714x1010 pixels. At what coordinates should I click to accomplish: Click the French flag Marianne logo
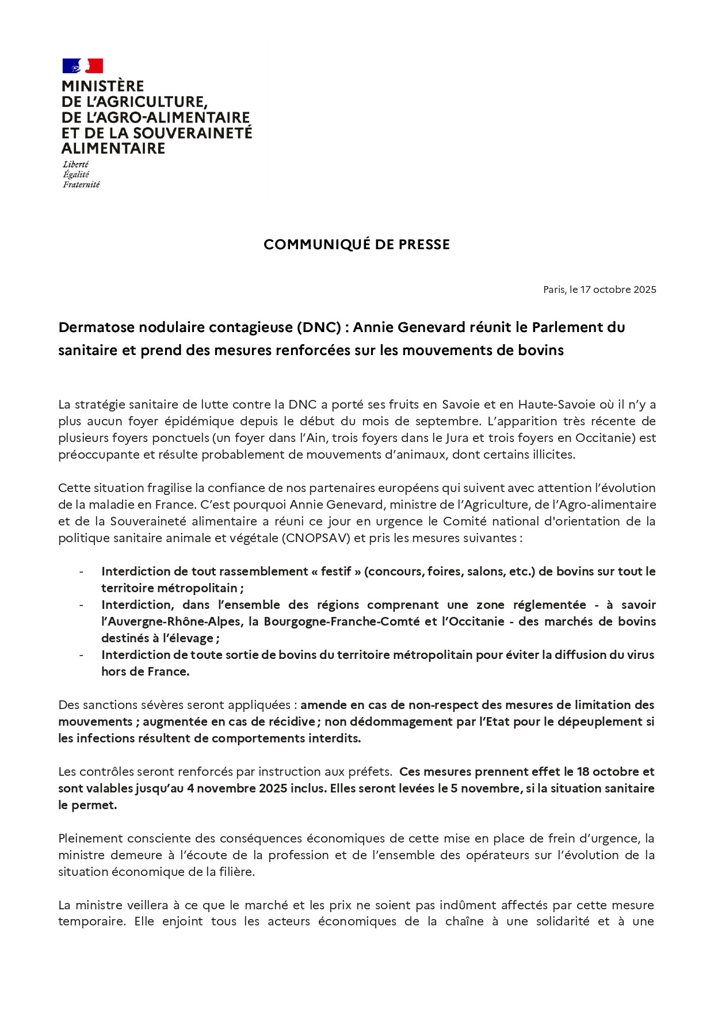[x=82, y=66]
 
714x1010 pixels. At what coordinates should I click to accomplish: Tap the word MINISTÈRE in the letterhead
[x=102, y=86]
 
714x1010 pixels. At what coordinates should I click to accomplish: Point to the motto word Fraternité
[x=81, y=185]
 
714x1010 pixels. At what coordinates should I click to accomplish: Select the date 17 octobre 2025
[x=618, y=289]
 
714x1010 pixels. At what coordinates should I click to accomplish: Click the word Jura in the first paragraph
[x=457, y=438]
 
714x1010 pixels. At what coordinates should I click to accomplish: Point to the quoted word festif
[x=336, y=571]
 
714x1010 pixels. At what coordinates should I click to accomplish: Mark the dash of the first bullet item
[x=81, y=571]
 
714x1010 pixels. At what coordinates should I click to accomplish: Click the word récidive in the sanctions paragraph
[x=292, y=722]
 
